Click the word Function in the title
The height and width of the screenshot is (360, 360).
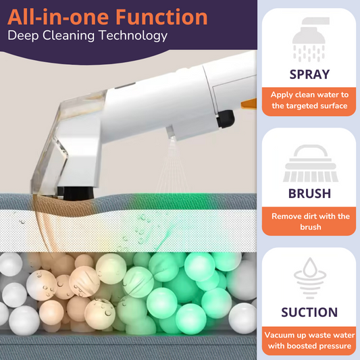pos(161,17)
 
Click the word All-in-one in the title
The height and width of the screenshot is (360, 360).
pos(58,17)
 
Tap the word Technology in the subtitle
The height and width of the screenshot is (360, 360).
pos(133,36)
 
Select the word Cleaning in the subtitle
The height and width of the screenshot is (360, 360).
pos(68,36)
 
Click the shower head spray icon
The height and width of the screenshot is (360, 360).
pos(310,39)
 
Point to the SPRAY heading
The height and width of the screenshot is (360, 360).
pos(309,74)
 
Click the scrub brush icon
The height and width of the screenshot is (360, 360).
pos(311,163)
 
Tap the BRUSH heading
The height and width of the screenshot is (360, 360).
pos(309,193)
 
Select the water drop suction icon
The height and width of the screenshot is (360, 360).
pos(310,278)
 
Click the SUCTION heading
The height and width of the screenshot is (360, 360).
pos(309,312)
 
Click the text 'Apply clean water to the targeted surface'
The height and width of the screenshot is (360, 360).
pos(309,100)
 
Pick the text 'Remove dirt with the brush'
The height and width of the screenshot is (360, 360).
pos(311,222)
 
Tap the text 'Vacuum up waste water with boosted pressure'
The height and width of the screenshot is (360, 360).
pos(309,340)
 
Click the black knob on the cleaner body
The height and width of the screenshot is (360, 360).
pos(225,118)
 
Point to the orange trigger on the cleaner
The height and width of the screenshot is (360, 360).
pos(249,103)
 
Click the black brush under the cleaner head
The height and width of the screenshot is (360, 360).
pos(78,193)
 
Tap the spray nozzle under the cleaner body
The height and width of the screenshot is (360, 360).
pos(171,132)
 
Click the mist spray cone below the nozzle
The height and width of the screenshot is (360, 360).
pos(172,166)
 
